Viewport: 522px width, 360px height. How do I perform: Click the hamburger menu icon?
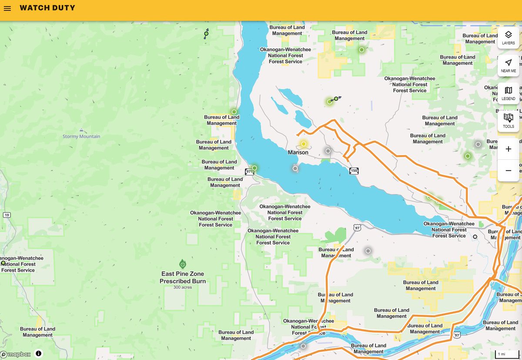coord(7,8)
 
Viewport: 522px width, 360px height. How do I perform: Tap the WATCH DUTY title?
coord(47,8)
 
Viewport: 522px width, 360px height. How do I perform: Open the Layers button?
coord(508,37)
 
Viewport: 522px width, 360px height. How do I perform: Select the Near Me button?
coord(508,65)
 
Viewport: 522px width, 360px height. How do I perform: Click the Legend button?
coord(508,93)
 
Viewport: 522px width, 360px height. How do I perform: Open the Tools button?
coord(508,121)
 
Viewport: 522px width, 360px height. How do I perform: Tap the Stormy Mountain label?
coord(81,136)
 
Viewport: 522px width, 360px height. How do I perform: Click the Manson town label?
coord(298,152)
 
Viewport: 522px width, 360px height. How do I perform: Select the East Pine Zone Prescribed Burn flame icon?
coord(183,264)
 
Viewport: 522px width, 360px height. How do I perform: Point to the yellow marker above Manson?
coord(304,144)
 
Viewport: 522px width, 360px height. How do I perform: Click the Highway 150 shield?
coord(354,171)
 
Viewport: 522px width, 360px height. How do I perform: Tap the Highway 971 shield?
coord(249,172)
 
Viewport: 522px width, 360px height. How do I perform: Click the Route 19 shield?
coord(6,215)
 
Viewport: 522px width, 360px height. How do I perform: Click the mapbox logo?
coord(16,354)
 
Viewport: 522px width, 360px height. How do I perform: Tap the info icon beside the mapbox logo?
coord(39,353)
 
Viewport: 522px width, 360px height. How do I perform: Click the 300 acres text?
coord(182,287)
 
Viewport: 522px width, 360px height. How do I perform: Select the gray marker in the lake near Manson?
coord(295,168)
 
